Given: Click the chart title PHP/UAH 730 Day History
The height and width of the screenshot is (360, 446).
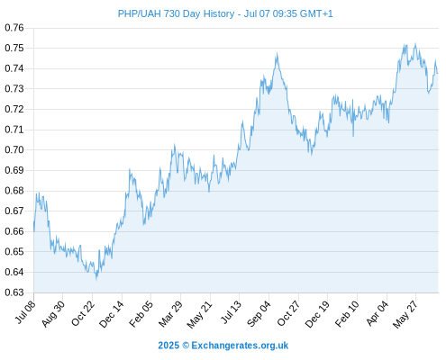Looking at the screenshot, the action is [x=176, y=13].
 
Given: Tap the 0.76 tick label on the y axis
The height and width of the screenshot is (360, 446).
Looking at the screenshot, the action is [x=14, y=28].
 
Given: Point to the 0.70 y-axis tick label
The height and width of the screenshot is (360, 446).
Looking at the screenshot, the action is [x=14, y=149].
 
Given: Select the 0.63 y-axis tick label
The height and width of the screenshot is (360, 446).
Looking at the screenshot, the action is [x=14, y=292].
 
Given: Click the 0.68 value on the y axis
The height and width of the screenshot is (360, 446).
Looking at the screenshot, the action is [x=14, y=191].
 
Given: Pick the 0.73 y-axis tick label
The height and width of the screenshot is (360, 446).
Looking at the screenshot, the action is [x=14, y=89].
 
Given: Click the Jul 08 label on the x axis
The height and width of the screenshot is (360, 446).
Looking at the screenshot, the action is [x=25, y=312].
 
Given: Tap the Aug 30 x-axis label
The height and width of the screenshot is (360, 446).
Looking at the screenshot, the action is [x=53, y=314].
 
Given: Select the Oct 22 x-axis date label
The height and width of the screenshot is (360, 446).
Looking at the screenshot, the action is [x=83, y=313].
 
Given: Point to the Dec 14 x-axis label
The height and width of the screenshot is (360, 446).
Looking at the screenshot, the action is [x=112, y=314].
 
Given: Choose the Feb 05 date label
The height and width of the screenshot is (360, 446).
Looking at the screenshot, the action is [x=141, y=314].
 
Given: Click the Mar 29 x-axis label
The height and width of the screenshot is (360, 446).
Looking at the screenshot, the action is [x=170, y=314].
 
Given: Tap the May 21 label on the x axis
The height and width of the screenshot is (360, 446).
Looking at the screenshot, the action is [x=199, y=314].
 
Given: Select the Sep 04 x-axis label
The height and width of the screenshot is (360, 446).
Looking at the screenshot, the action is [x=259, y=314].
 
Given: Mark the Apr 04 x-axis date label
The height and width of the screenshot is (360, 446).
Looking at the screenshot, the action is [x=378, y=313].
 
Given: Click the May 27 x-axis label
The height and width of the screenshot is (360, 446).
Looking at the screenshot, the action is [x=405, y=314].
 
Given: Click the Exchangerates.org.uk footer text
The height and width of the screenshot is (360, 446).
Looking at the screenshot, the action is [x=240, y=346].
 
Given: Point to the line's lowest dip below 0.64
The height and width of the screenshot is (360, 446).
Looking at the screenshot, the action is [x=96, y=279].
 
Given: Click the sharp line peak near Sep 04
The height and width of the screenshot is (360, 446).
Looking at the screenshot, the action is [x=277, y=53].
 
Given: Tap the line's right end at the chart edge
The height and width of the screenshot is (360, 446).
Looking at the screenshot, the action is [x=438, y=73].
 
